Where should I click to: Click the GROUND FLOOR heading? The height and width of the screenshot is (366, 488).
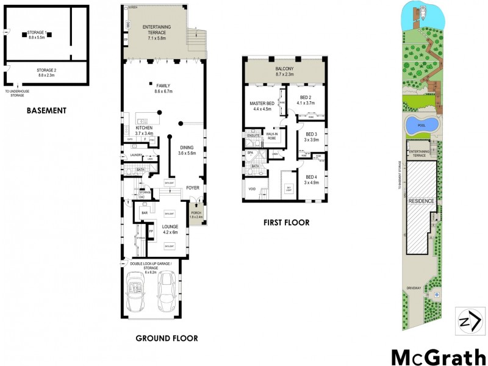167,338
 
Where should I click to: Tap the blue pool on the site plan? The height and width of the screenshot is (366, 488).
422,124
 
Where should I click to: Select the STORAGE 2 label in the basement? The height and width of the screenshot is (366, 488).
46,72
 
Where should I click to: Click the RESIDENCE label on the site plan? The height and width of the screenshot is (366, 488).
421,201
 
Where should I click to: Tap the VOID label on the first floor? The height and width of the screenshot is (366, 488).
252,189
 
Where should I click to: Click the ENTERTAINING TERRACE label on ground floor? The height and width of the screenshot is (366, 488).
156,30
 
